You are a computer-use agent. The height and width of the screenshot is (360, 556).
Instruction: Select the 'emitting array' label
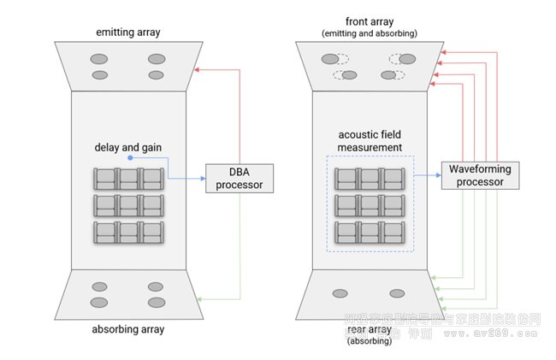coord(128,32)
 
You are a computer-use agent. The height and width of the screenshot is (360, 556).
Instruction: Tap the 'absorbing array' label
coord(128,328)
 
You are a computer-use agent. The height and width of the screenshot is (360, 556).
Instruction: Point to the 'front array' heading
coord(370,22)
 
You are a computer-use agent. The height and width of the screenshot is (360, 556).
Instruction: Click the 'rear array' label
coord(370,330)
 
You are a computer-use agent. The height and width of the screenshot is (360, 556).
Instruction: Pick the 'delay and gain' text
coord(128,147)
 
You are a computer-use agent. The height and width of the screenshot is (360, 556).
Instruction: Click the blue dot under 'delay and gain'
coord(128,158)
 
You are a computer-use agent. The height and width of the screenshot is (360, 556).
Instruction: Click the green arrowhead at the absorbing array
coord(198,298)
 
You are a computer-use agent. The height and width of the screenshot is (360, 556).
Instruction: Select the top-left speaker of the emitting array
coord(100,59)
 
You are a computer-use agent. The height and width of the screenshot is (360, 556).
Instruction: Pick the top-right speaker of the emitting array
coord(156,59)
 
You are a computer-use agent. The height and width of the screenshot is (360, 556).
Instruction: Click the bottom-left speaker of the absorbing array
coord(100,302)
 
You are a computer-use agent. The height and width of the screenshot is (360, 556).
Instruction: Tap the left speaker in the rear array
coord(340,293)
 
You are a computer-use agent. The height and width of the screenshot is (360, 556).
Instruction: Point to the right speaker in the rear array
coord(398,293)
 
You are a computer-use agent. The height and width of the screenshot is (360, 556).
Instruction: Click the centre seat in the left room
coord(128,205)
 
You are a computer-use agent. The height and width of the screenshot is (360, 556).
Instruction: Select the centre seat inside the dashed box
coord(370,205)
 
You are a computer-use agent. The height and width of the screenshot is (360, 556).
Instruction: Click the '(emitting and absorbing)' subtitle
coord(370,33)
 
